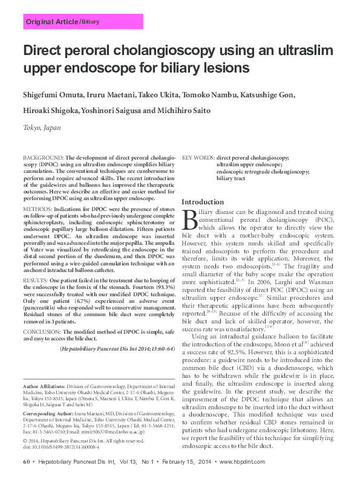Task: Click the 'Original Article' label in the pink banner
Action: point(51,22)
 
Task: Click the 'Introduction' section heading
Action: point(203,202)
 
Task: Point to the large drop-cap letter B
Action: point(188,218)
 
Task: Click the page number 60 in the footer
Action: point(27,462)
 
